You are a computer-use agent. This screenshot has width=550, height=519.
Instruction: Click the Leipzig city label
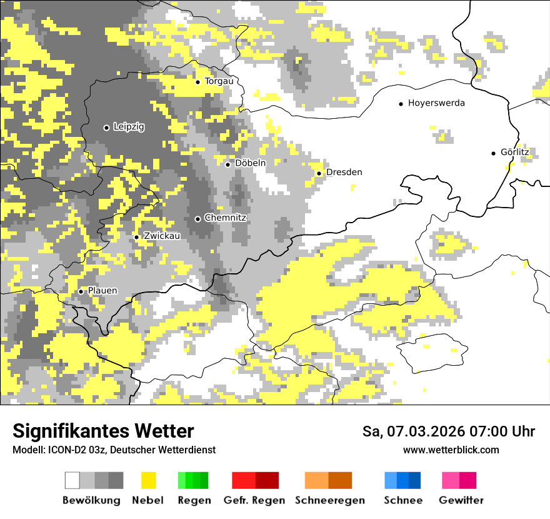click(x=129, y=127)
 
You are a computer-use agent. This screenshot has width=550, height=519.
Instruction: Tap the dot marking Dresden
click(x=319, y=173)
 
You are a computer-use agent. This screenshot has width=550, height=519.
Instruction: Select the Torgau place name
click(x=219, y=81)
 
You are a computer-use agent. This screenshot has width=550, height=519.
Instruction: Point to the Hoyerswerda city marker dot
click(x=401, y=104)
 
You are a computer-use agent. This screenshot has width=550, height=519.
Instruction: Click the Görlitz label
click(x=514, y=152)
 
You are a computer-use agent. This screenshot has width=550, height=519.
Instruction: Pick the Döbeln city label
click(x=250, y=163)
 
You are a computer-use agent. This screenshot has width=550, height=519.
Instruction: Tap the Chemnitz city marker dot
click(x=198, y=219)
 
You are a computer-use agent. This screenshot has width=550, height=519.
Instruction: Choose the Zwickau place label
click(x=162, y=236)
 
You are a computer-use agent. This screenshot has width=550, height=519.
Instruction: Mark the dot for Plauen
click(x=81, y=291)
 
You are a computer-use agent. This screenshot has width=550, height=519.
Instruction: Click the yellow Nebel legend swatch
click(x=149, y=480)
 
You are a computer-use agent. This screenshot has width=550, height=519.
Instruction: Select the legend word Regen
click(x=194, y=500)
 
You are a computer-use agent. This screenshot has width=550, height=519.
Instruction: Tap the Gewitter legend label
click(x=461, y=500)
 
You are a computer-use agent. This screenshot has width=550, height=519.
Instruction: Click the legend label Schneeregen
click(x=330, y=500)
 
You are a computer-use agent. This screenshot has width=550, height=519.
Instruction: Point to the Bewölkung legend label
click(x=91, y=500)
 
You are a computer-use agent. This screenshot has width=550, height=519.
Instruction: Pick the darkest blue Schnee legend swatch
click(x=415, y=480)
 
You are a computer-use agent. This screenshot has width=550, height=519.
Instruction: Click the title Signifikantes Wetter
click(x=103, y=431)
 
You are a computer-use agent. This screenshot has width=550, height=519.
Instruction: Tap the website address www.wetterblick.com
click(x=451, y=450)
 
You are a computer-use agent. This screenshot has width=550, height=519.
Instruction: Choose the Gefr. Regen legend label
click(x=254, y=500)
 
